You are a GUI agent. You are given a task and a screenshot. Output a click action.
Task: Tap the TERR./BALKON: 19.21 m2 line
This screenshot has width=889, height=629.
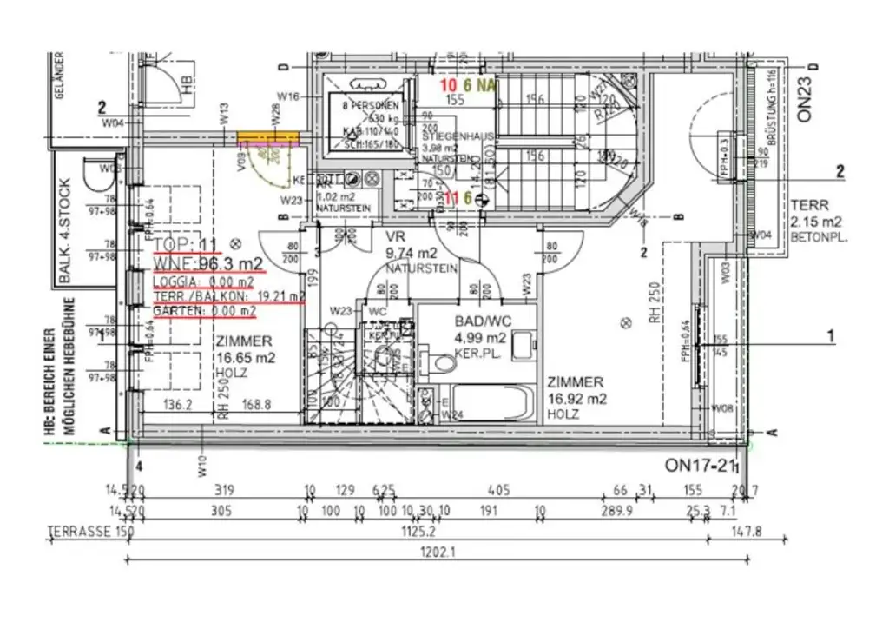click(229, 296)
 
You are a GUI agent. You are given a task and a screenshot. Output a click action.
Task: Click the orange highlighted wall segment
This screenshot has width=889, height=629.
click(267, 138)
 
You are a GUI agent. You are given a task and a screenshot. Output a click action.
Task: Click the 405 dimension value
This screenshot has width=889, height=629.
click(498, 488)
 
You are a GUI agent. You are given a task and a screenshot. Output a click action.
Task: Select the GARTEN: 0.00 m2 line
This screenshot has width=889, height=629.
click(205, 310)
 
